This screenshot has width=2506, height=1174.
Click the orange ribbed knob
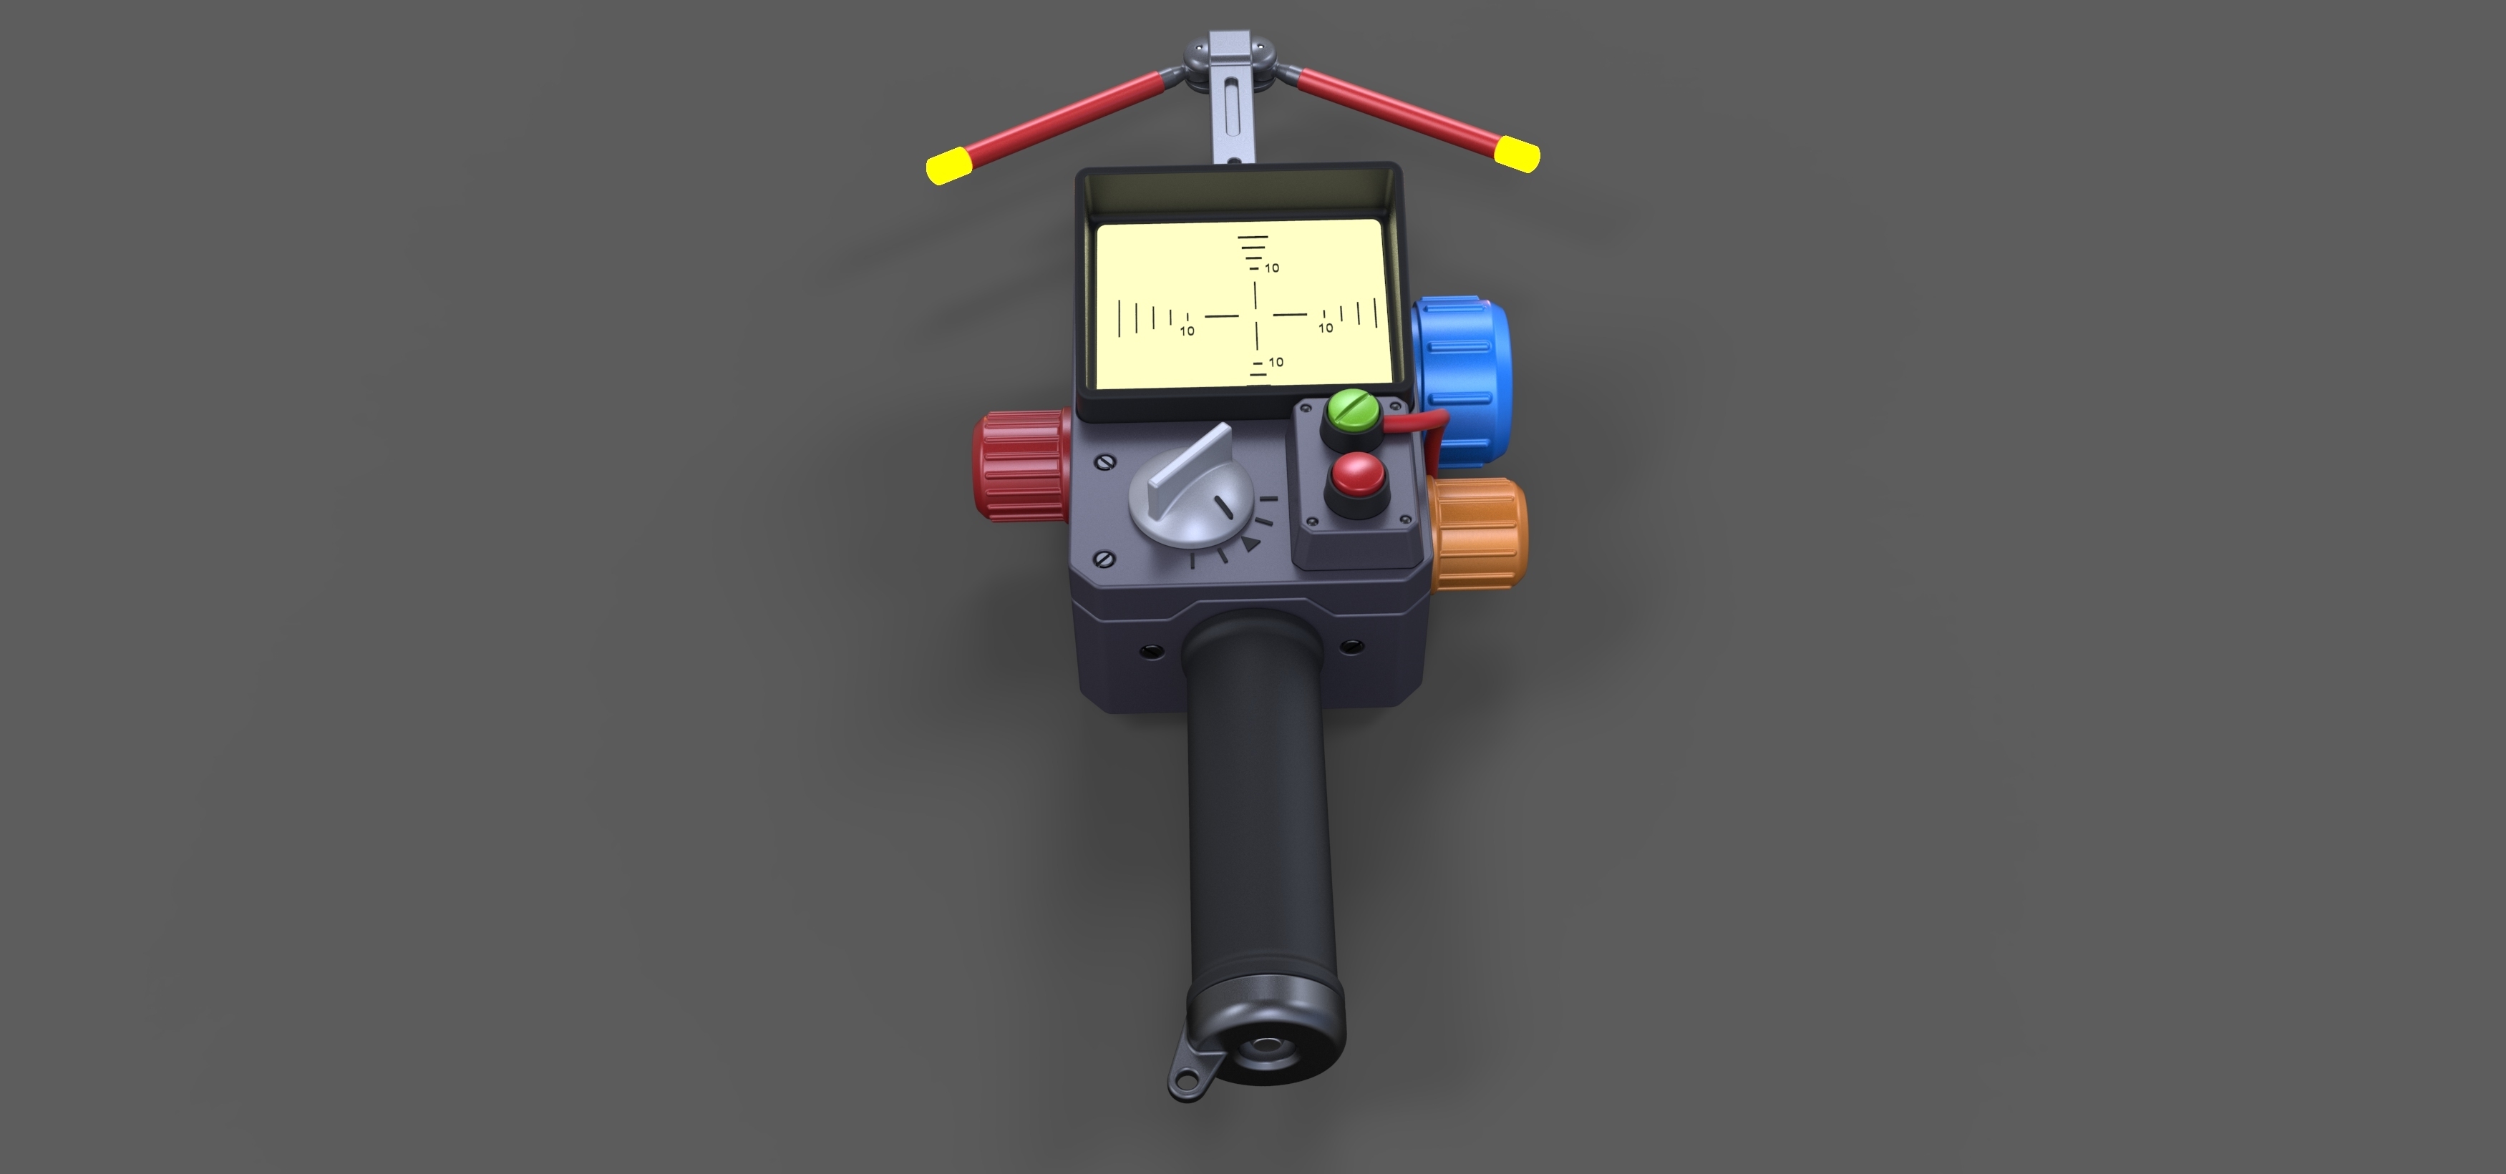click(x=1479, y=533)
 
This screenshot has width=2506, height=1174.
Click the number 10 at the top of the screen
click(x=1271, y=268)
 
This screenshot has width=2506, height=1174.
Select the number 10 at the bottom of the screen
click(x=1276, y=362)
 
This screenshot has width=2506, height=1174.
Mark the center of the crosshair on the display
click(x=1256, y=314)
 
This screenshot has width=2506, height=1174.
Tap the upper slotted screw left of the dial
click(x=1104, y=463)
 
